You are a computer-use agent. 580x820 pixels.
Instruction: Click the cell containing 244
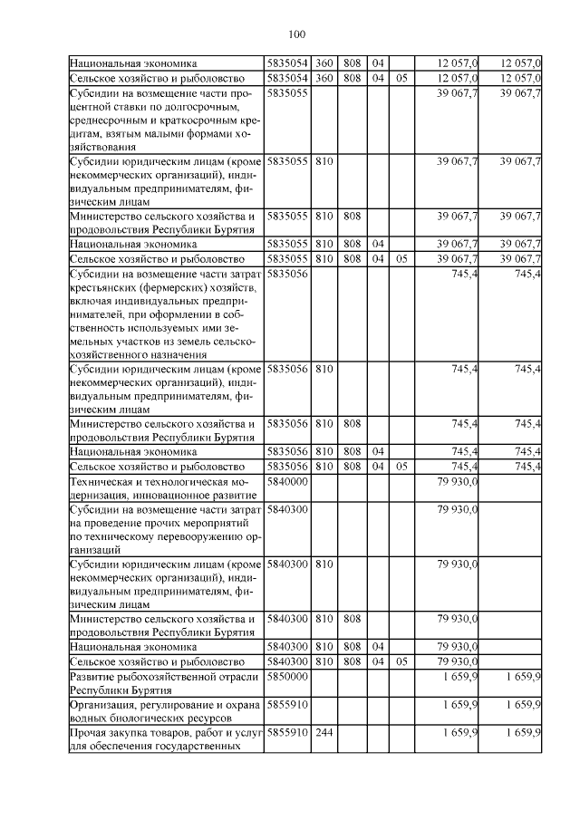coord(324,731)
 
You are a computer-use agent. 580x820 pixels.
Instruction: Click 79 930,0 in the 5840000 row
coord(457,484)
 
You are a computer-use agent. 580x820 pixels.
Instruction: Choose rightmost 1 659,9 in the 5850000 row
coord(522,677)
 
